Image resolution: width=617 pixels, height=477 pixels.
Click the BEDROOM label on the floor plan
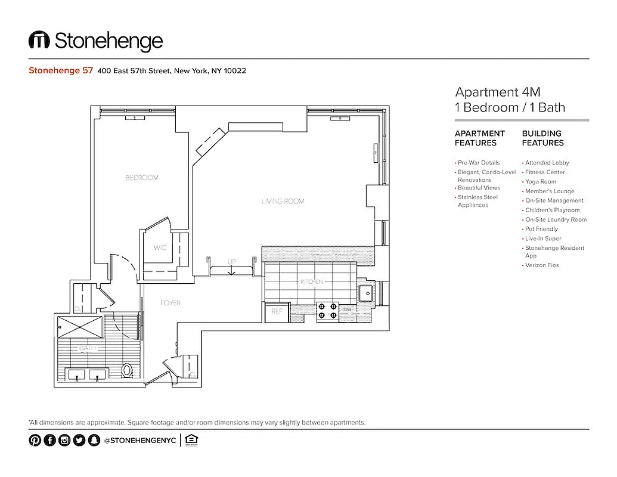(142, 178)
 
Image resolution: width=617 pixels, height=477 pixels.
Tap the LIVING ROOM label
(283, 202)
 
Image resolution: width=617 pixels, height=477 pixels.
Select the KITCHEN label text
(311, 281)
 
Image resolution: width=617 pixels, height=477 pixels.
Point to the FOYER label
(170, 303)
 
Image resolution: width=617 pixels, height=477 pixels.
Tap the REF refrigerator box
(277, 311)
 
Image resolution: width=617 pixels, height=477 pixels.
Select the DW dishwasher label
(347, 309)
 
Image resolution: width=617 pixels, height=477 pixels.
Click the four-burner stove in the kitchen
(327, 310)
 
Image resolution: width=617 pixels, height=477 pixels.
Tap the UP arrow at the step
(231, 266)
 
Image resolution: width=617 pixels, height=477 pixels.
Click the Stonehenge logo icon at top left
(39, 41)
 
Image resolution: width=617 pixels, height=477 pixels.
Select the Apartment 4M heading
(498, 92)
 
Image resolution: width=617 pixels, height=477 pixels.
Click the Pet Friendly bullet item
(541, 229)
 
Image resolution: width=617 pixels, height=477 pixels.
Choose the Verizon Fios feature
(542, 265)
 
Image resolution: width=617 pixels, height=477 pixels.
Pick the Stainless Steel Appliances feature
(477, 201)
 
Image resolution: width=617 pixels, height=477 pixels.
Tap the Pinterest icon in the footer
(35, 441)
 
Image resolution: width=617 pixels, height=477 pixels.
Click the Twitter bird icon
(79, 441)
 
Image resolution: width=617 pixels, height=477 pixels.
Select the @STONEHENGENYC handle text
(139, 441)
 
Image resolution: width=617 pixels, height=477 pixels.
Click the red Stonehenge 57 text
(61, 70)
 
